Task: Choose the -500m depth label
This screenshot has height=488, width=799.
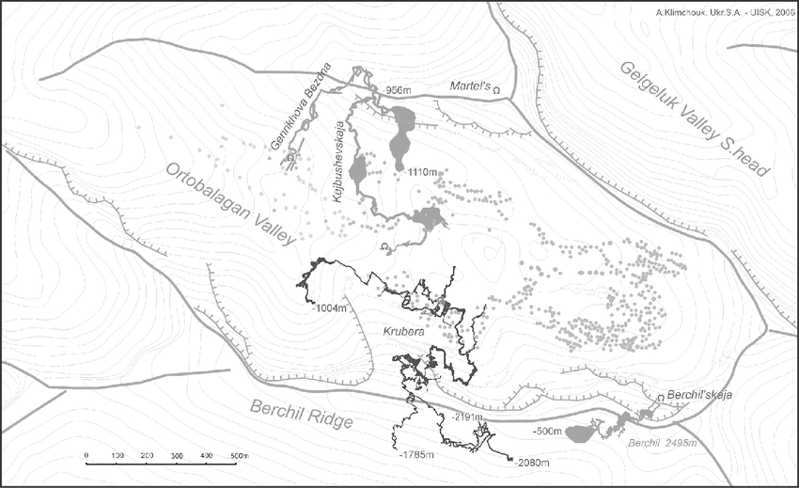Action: (x=546, y=432)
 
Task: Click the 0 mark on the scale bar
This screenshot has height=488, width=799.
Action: (x=86, y=456)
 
